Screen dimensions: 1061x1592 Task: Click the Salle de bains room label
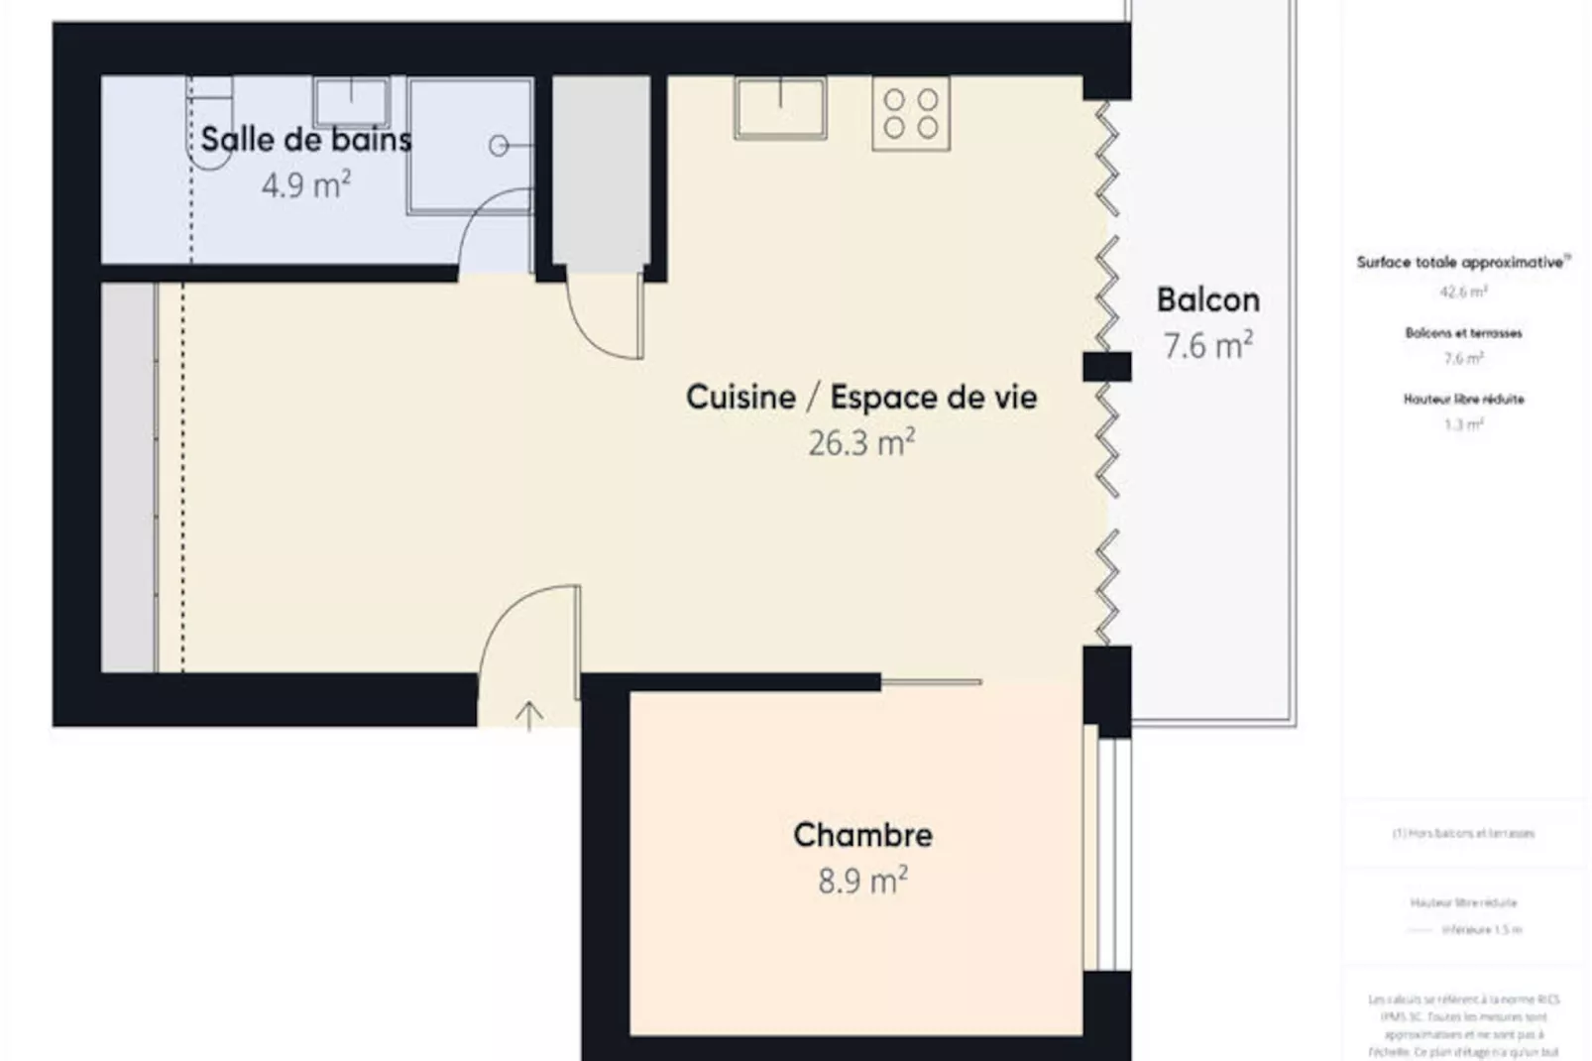[x=305, y=140]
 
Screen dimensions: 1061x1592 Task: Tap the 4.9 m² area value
[x=305, y=185]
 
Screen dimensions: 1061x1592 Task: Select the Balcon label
[x=1207, y=299]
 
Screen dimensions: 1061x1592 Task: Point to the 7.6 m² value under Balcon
[x=1207, y=345]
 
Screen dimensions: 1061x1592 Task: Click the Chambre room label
[x=862, y=835]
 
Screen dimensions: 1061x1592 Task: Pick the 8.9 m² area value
[x=862, y=881]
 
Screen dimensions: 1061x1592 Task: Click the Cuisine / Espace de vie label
[x=861, y=397]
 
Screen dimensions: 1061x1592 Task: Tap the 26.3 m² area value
[x=861, y=442]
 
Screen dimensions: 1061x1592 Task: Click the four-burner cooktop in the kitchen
[x=911, y=114]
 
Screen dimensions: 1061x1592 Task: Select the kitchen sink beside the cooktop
[x=780, y=107]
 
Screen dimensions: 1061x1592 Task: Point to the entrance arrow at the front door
[x=529, y=715]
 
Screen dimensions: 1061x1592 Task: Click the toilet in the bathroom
[x=211, y=124]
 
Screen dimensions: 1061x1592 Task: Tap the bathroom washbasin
[x=351, y=102]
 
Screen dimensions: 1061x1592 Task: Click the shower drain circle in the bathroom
[x=499, y=147]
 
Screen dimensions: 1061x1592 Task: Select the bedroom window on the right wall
[x=1108, y=853]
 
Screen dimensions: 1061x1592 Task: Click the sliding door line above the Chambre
[x=931, y=682]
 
